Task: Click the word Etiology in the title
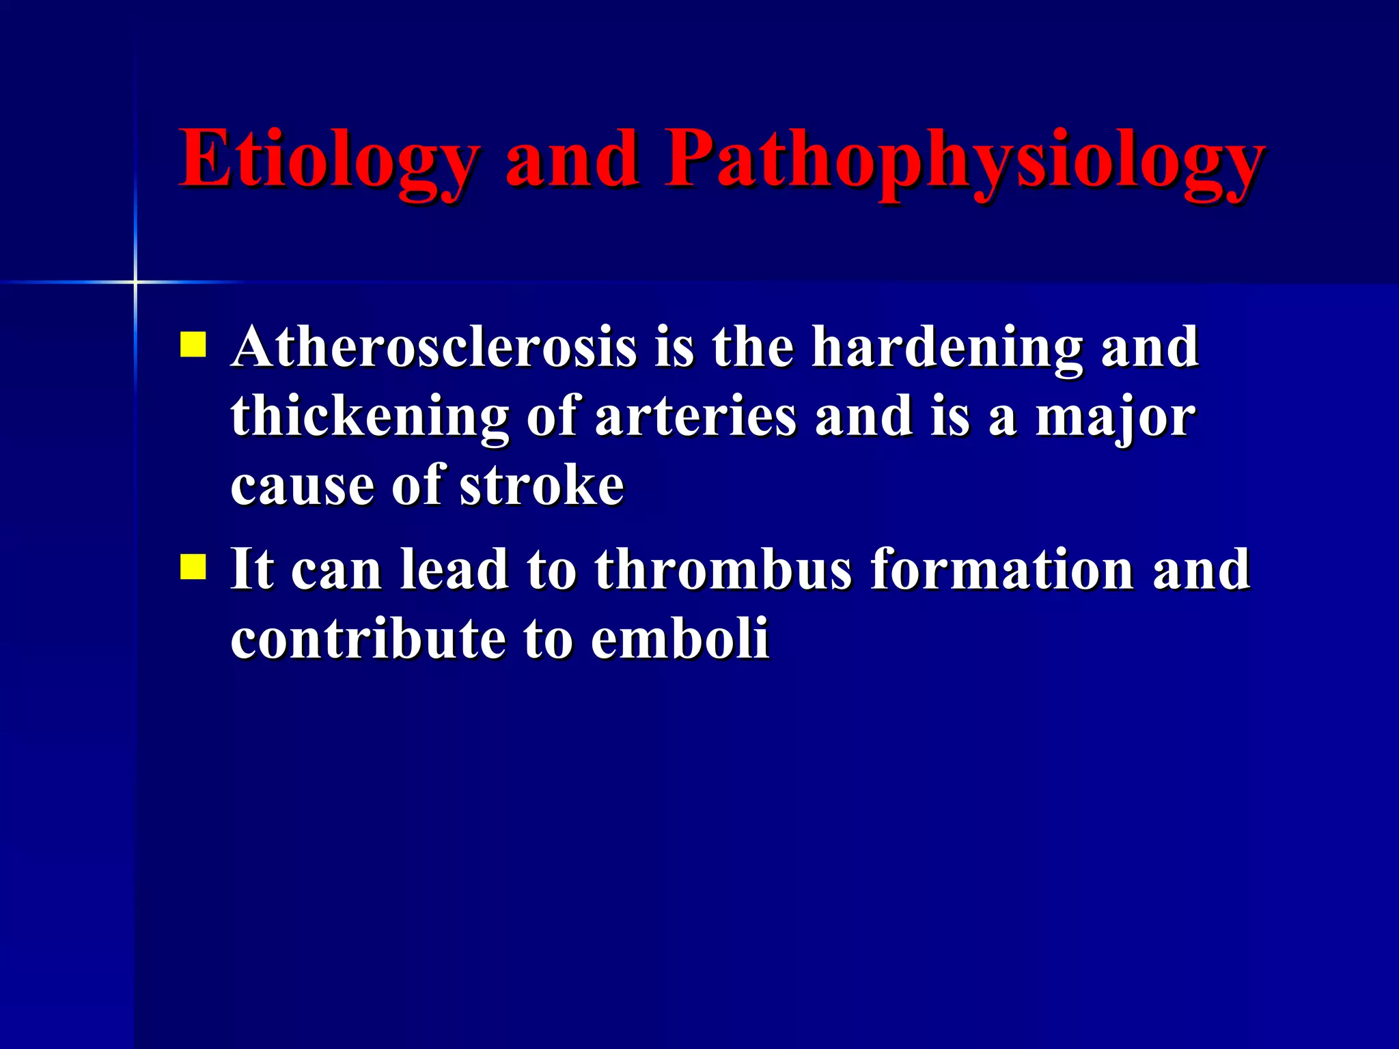click(x=328, y=160)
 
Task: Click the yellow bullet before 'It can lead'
click(x=193, y=566)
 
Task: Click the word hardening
click(x=946, y=348)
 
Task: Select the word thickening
click(x=370, y=418)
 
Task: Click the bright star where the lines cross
click(x=135, y=281)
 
